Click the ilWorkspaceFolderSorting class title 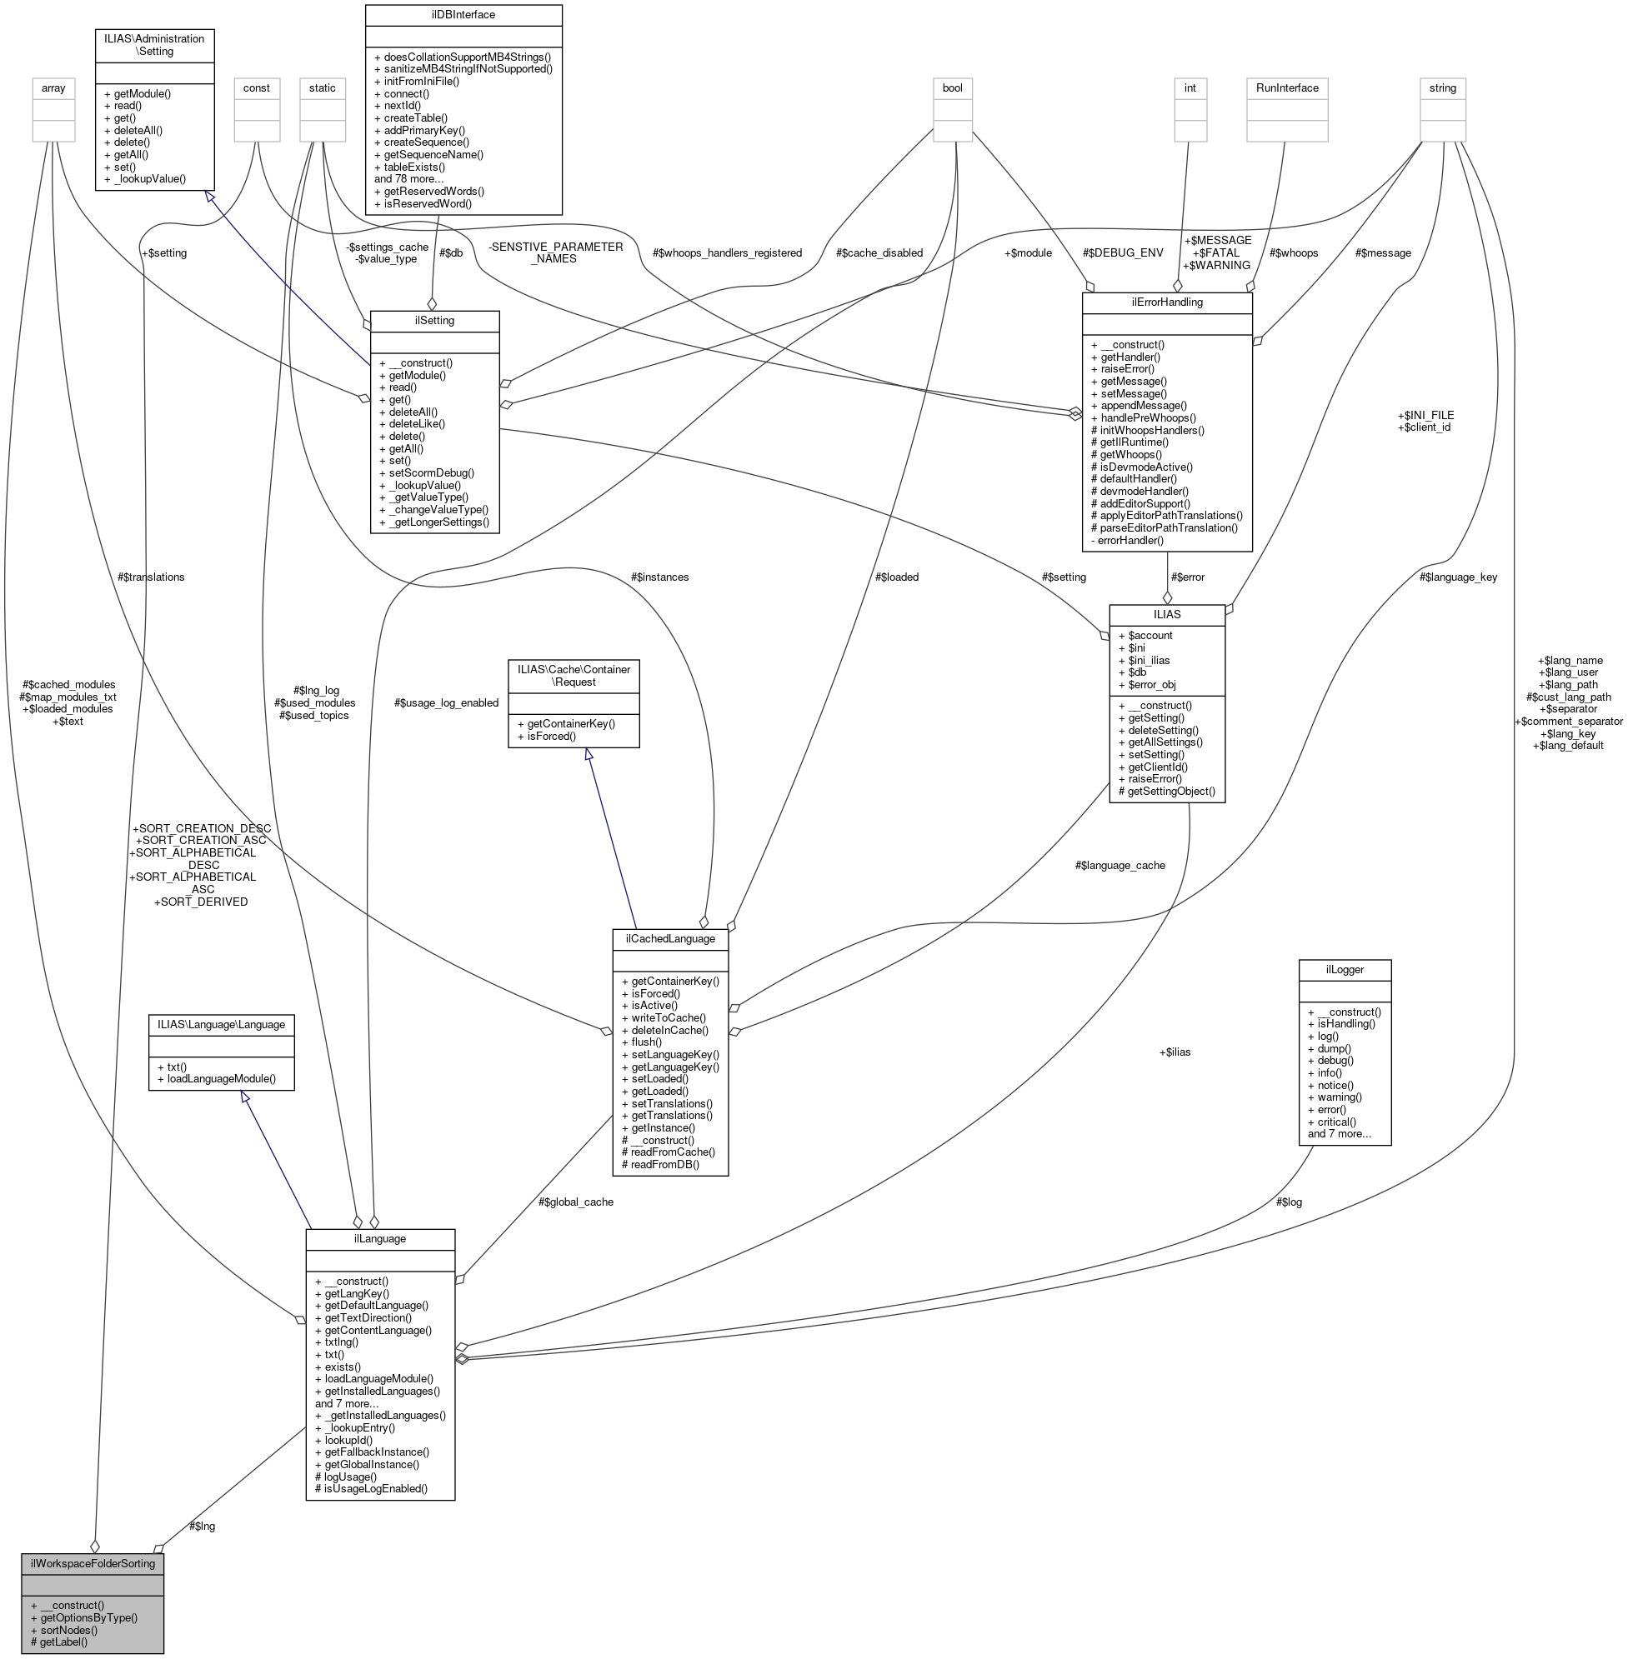point(93,1563)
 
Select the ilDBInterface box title point(463,14)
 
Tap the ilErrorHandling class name point(1166,302)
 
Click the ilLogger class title point(1344,969)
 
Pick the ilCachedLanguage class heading point(669,938)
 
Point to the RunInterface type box point(1287,88)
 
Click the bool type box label point(952,88)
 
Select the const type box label point(257,88)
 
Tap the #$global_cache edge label point(575,1202)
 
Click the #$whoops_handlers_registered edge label point(727,253)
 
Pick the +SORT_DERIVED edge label point(200,902)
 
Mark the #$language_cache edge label point(1120,865)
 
